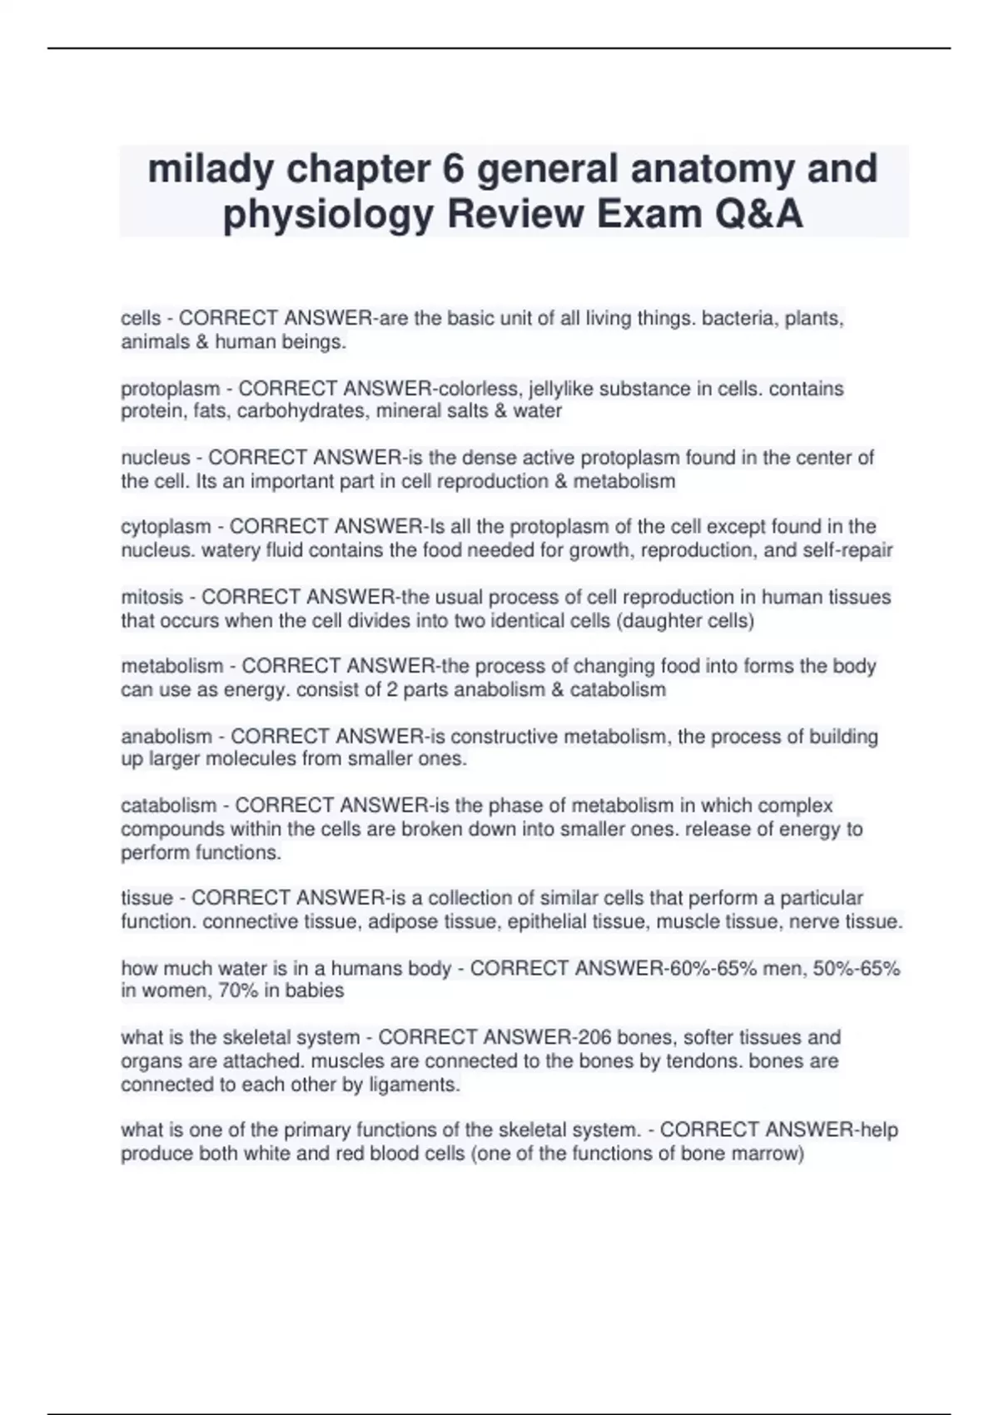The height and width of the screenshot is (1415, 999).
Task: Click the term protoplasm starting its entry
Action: pos(170,389)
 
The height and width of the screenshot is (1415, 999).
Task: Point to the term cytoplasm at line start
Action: pos(166,527)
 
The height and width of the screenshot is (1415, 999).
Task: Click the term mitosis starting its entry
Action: pos(152,598)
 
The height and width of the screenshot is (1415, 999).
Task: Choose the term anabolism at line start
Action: pos(166,737)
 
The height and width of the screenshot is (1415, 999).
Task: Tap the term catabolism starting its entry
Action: pos(168,806)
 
